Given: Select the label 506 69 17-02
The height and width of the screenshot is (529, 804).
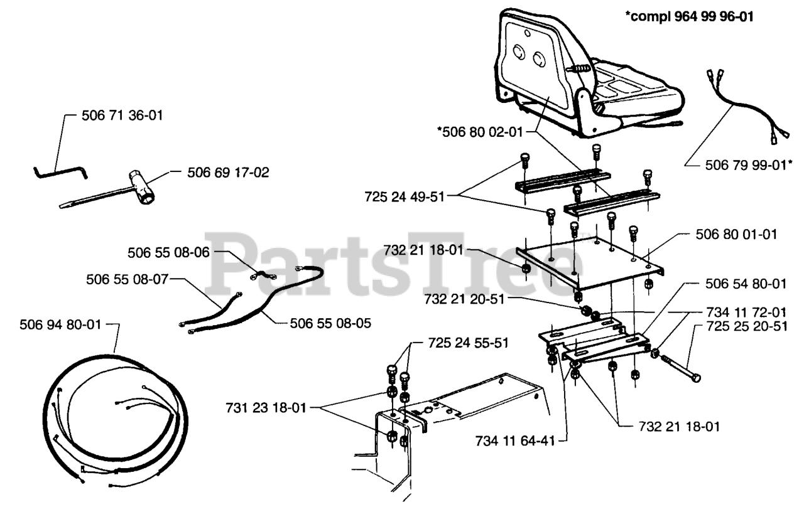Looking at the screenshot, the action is click(228, 172).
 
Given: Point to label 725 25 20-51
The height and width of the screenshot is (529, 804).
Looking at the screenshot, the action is click(746, 328).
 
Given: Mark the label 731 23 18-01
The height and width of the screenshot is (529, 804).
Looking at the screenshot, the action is click(266, 407).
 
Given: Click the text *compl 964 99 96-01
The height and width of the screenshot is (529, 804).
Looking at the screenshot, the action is click(689, 17).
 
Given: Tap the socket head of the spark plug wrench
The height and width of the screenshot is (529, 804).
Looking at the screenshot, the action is click(141, 186).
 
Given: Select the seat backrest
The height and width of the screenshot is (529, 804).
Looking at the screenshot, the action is click(534, 63).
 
